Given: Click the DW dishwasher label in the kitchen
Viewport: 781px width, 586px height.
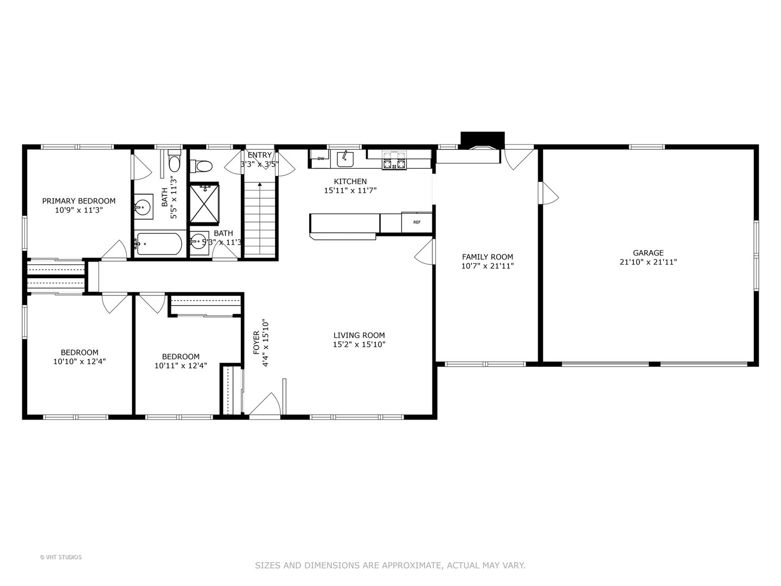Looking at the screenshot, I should coord(321,158).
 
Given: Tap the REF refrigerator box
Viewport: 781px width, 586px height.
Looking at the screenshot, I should coord(417,222).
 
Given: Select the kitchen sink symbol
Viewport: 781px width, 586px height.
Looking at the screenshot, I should coord(344,158).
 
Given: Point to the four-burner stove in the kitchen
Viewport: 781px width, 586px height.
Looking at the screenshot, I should coord(394,160).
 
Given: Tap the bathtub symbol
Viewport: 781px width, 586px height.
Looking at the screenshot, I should coord(159,244).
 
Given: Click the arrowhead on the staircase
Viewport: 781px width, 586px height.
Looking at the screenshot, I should coord(260,185).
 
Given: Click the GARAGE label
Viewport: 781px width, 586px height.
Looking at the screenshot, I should coord(648,253).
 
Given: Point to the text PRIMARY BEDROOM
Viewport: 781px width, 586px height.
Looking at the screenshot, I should coord(79,201).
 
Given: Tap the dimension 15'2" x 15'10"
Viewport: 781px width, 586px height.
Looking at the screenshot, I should coord(359,345).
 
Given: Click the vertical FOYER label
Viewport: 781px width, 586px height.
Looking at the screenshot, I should coord(257,343).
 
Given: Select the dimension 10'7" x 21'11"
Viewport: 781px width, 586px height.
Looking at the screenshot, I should coord(487,266).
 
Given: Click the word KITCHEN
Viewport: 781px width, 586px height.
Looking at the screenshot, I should coord(350,181).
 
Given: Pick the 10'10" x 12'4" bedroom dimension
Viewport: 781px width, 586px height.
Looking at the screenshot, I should coord(79,361).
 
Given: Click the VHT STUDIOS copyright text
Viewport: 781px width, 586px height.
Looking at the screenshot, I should coord(61,557).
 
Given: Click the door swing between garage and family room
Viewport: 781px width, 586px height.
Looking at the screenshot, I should coord(549,193).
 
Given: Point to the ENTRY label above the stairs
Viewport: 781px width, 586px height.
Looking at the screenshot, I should coord(259,155).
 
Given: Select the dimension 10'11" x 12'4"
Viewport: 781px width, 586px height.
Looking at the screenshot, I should coord(181,366).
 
